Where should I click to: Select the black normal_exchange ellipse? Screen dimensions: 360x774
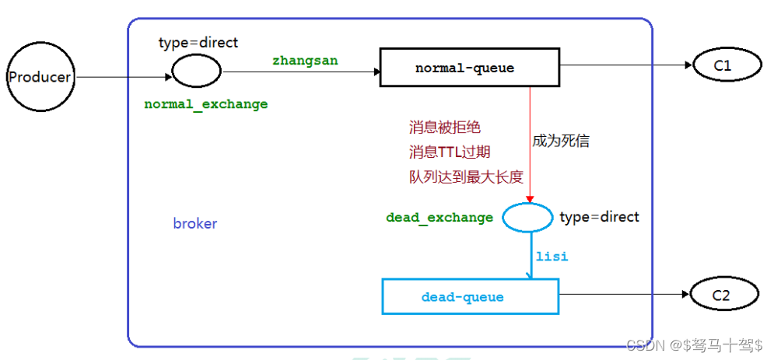coord(196,72)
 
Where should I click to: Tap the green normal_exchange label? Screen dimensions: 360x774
coord(205,104)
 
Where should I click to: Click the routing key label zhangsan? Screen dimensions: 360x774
coord(305,60)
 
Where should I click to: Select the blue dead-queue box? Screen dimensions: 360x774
coord(470,296)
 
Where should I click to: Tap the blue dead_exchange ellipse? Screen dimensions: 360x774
coord(527,217)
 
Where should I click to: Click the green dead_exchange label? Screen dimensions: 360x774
coord(440,218)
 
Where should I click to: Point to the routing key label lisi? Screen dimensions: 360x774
coord(552,256)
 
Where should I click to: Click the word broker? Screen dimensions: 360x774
coord(195,224)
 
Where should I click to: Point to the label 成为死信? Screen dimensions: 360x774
coord(561,141)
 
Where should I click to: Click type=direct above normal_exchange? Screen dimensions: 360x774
coord(198,42)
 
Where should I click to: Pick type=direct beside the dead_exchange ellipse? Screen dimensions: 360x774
coord(599,217)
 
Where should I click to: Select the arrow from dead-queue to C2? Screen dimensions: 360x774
coord(622,295)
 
